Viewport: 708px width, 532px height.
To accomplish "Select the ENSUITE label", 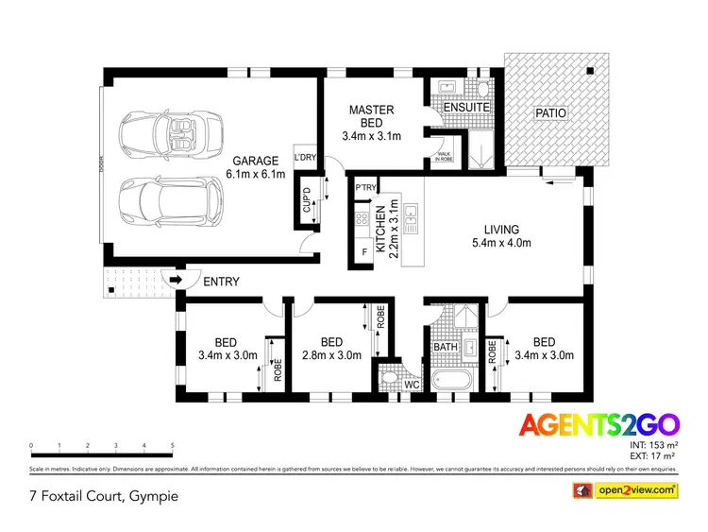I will (x=467, y=108).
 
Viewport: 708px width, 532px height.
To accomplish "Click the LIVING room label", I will (x=501, y=229).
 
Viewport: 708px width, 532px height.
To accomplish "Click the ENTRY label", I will (x=221, y=282).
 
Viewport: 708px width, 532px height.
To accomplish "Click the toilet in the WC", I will (x=391, y=381).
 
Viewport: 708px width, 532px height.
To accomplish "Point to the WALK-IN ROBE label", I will (x=443, y=158).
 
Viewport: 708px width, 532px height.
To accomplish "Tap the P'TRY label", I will (x=364, y=187).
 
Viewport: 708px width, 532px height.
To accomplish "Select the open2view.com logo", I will (x=626, y=489).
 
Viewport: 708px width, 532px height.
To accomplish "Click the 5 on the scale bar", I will (x=173, y=445).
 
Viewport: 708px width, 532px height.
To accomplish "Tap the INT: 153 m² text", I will (x=654, y=444).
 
